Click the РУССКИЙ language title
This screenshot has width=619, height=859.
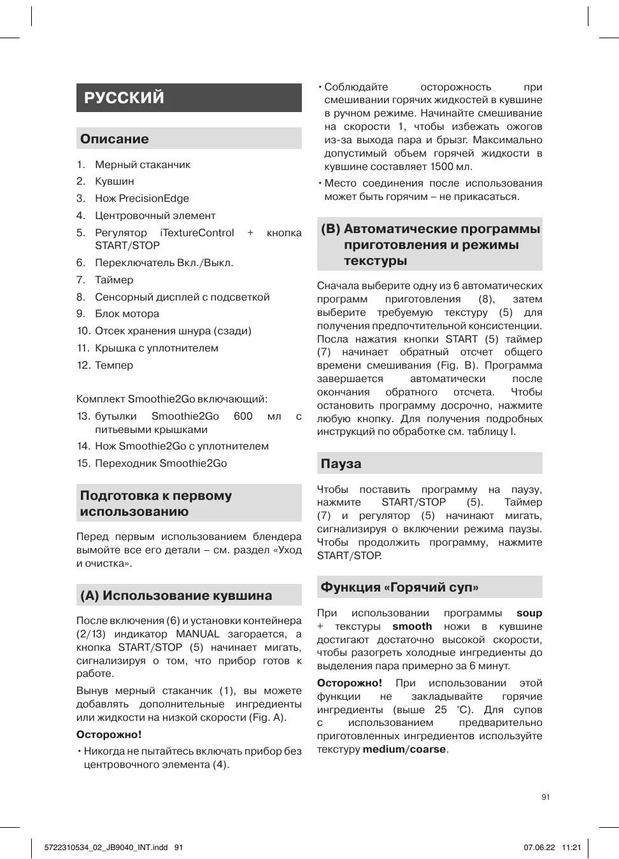[x=124, y=97]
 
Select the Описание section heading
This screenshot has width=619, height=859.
[x=115, y=139]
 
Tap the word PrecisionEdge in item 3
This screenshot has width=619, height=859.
[x=153, y=198]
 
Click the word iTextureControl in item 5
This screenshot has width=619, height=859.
[x=197, y=232]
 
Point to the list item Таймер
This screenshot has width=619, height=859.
[x=114, y=280]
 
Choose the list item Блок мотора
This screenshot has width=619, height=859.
[x=127, y=313]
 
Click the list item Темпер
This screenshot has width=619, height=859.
[x=114, y=365]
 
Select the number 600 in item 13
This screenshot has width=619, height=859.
[x=243, y=416]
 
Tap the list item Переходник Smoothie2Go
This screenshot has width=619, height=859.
[x=160, y=463]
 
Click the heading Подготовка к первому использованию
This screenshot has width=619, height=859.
[x=156, y=503]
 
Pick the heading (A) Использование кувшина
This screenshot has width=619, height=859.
[x=176, y=595]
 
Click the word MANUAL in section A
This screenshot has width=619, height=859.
[x=197, y=634]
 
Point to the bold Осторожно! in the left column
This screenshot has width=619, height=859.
[x=109, y=734]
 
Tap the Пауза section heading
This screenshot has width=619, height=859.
[x=341, y=464]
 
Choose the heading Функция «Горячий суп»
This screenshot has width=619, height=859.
[x=399, y=587]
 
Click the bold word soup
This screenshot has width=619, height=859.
[x=529, y=613]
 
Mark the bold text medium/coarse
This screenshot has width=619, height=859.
[x=404, y=749]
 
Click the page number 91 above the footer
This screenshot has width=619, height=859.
[x=546, y=797]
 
